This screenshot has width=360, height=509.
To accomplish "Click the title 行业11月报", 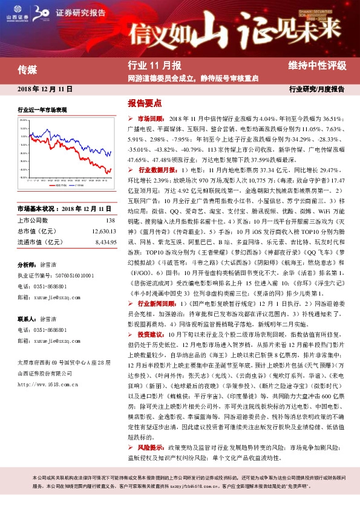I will coord(154,65).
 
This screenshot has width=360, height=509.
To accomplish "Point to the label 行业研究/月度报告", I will coord(316,89).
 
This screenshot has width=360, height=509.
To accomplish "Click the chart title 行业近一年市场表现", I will coord(42,111).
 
